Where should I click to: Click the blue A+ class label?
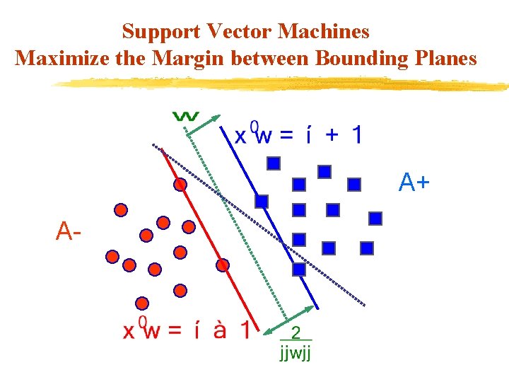click(414, 183)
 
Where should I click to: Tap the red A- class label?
click(68, 231)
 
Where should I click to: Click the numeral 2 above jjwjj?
click(296, 333)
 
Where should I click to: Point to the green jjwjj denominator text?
click(296, 352)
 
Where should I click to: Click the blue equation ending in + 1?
click(298, 134)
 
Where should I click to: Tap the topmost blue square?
click(274, 163)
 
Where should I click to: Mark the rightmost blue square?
click(375, 218)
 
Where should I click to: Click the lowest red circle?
click(143, 303)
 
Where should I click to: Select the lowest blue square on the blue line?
click(299, 270)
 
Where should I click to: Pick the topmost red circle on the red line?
click(180, 185)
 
